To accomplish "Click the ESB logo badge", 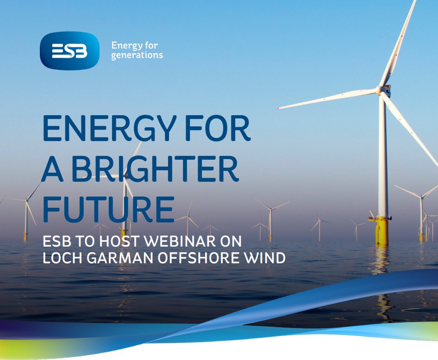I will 69,51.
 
